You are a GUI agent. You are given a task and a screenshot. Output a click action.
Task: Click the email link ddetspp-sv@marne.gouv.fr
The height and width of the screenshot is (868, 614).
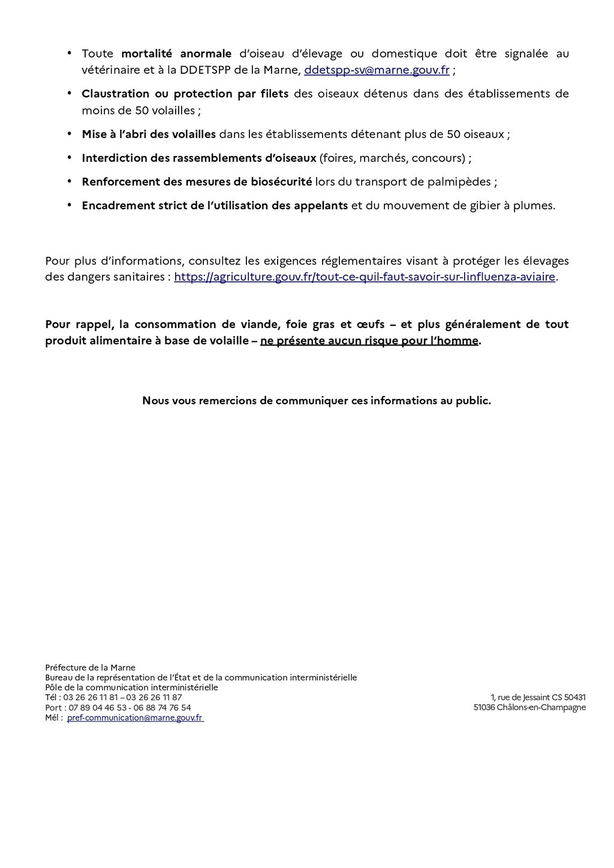click(x=377, y=70)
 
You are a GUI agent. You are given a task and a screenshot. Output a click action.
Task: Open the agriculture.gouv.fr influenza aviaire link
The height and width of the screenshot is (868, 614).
click(x=365, y=277)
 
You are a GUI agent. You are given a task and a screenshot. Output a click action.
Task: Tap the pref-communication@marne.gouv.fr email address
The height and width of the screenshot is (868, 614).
click(x=135, y=717)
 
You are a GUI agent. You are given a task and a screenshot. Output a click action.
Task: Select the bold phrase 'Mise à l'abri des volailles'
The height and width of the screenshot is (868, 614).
click(x=149, y=134)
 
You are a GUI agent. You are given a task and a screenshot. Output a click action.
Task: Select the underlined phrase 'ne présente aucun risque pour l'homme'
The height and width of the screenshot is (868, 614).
click(x=369, y=341)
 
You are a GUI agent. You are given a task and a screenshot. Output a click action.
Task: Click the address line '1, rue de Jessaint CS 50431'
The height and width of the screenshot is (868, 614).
click(x=538, y=698)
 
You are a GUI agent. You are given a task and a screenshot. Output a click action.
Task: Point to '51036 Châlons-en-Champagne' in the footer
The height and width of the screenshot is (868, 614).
click(x=529, y=708)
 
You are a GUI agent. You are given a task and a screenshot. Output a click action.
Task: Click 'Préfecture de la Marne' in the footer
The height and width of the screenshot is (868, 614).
click(x=90, y=668)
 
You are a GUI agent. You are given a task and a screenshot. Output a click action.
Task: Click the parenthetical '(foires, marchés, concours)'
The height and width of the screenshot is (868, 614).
click(x=392, y=158)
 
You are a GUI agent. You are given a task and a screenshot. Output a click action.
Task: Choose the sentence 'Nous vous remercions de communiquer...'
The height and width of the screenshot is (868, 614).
click(x=317, y=401)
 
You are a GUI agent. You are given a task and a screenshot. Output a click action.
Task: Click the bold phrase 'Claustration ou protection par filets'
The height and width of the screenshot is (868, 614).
click(x=185, y=94)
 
